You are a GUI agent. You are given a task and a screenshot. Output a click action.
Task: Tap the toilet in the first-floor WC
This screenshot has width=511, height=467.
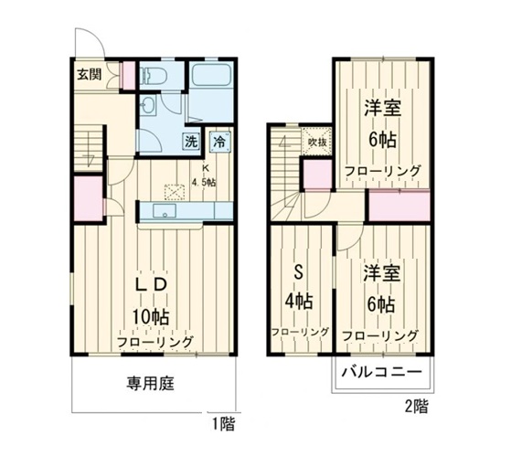tap(154, 77)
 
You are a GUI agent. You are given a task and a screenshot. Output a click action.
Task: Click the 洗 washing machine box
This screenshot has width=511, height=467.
tap(191, 142)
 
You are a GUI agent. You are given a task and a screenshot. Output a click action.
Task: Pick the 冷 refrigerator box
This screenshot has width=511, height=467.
tap(219, 142)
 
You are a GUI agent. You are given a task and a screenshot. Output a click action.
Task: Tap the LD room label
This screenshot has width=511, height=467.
tap(150, 284)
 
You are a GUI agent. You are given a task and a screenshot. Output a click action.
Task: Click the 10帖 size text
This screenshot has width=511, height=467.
tap(150, 316)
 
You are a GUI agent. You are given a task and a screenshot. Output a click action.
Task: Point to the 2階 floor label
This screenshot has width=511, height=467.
tap(414, 406)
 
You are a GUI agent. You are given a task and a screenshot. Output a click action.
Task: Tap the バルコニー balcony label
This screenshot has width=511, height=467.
tap(381, 374)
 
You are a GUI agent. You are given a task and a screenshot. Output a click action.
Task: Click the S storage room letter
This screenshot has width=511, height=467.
tap(297, 271)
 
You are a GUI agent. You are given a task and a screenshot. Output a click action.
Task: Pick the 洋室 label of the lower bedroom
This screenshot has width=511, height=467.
tap(380, 273)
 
